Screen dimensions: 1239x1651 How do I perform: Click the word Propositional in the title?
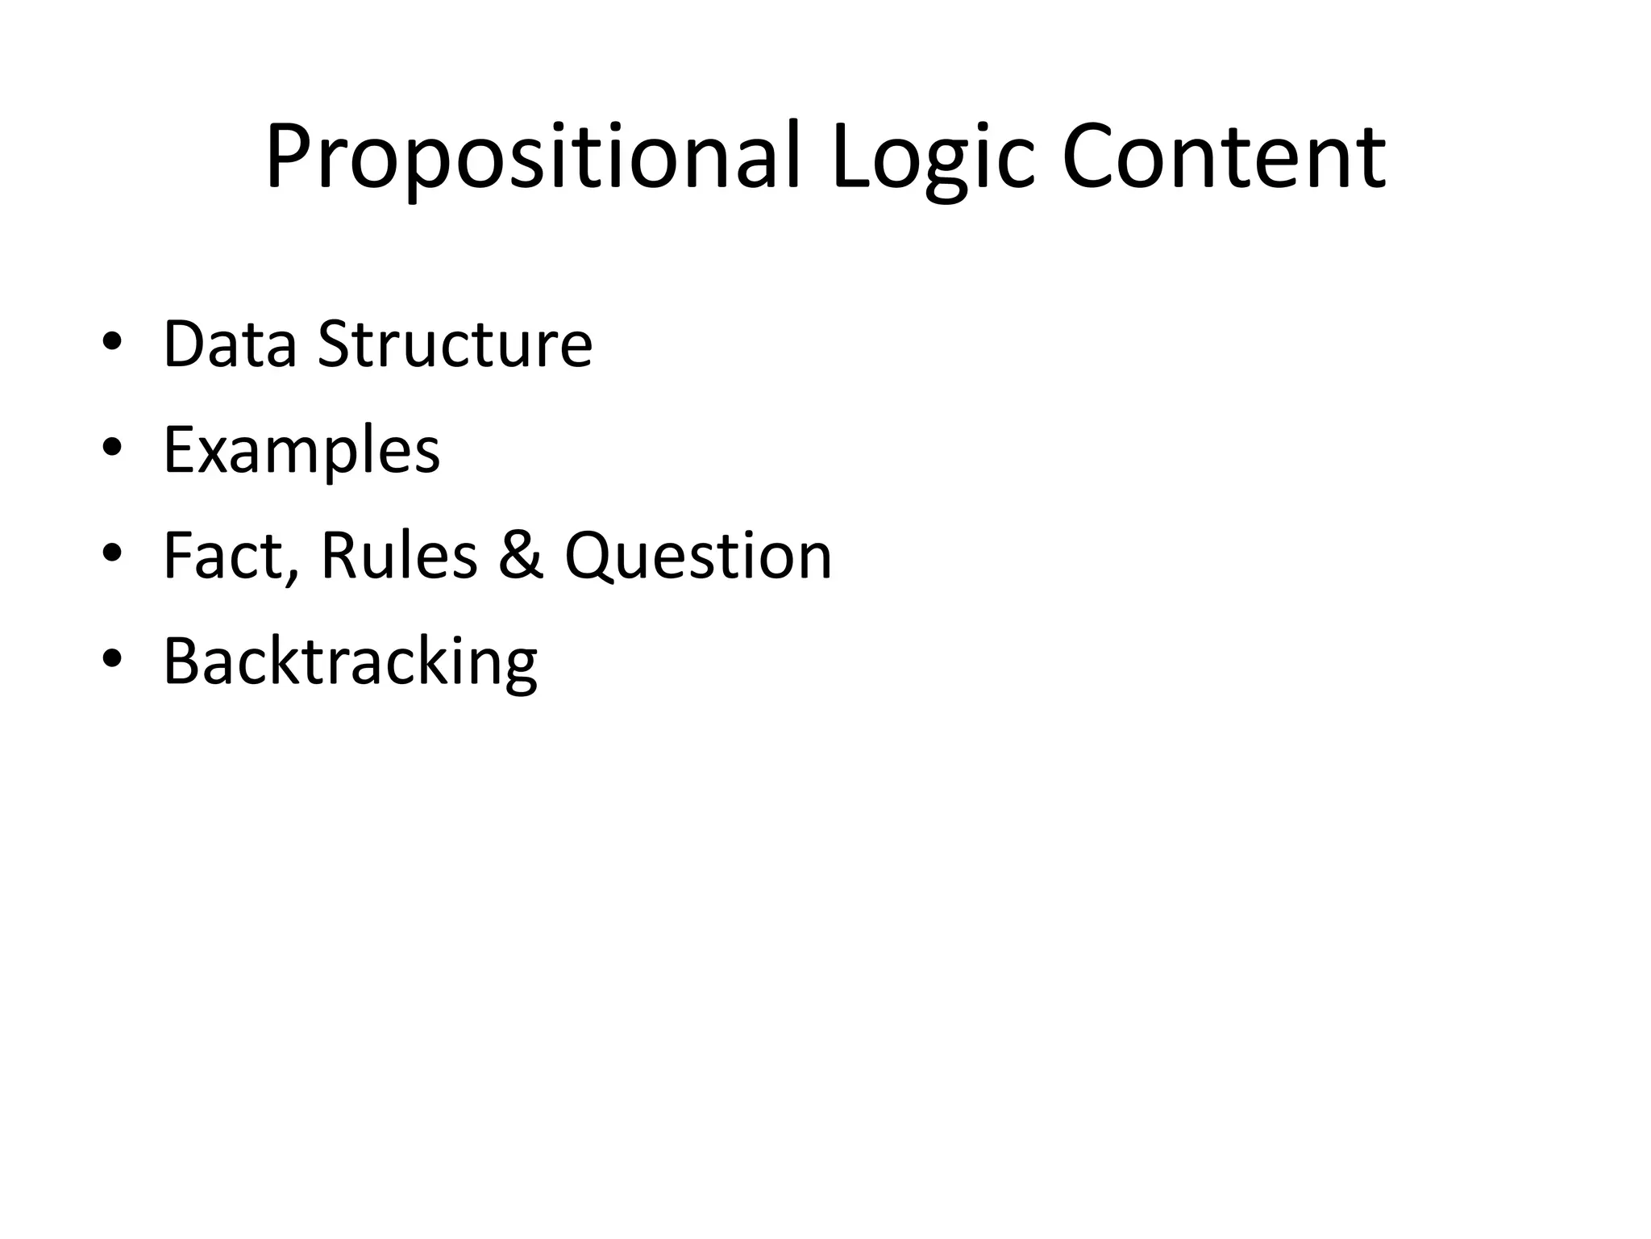click(532, 157)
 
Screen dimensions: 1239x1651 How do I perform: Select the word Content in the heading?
click(1224, 157)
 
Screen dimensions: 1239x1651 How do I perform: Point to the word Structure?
click(455, 345)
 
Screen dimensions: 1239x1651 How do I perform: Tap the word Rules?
click(399, 557)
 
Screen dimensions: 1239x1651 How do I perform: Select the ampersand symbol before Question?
click(521, 557)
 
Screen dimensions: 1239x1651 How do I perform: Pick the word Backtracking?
click(350, 663)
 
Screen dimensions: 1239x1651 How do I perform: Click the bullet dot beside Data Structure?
click(112, 342)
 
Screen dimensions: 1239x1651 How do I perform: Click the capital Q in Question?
click(592, 557)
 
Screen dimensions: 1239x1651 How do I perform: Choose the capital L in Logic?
click(851, 157)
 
